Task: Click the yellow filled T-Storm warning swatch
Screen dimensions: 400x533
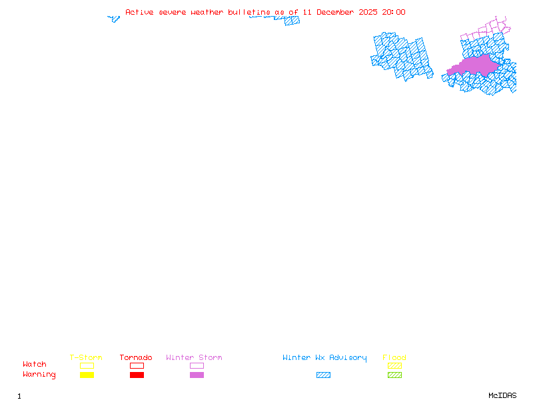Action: tap(87, 375)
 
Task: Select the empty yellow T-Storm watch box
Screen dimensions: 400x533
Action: tap(87, 365)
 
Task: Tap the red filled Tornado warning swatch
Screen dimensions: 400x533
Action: tap(137, 375)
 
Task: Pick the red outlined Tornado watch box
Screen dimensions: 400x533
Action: tap(137, 365)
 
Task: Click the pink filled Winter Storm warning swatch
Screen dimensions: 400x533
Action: tap(197, 375)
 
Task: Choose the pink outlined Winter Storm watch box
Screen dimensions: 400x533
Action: tap(197, 365)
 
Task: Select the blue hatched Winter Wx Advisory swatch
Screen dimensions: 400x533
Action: tap(323, 375)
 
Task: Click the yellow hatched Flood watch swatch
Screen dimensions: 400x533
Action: tap(394, 365)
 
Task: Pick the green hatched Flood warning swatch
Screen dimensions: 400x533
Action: tap(394, 375)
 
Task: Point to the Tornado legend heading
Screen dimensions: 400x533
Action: tap(136, 358)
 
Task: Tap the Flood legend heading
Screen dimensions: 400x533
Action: tap(394, 358)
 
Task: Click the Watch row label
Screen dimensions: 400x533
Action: tap(35, 365)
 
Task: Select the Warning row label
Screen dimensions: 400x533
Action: tap(39, 375)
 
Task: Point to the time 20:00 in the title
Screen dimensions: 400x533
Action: tap(394, 12)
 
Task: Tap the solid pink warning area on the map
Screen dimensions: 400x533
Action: tap(474, 65)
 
